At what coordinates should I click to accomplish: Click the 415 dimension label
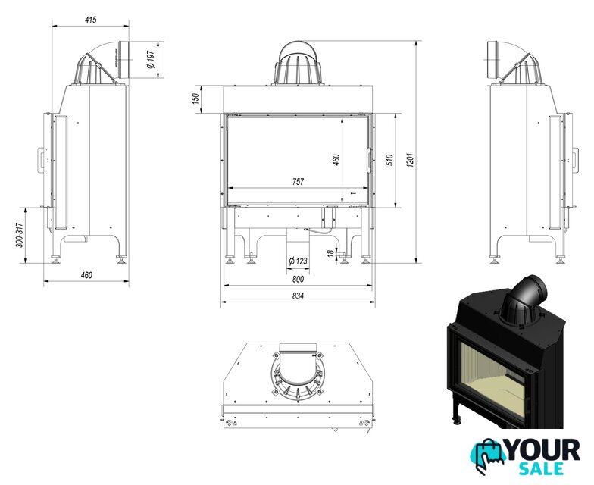tap(91, 20)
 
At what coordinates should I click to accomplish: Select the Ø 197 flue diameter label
tap(150, 60)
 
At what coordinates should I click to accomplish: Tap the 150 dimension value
tap(195, 99)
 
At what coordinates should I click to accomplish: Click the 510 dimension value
tap(389, 160)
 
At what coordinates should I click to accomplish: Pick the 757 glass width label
tap(299, 182)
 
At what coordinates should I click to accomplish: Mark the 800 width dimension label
tap(299, 279)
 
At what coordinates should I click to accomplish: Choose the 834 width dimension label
tap(299, 296)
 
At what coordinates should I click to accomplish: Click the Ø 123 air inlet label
tap(298, 261)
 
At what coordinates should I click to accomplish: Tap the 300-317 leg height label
tap(20, 235)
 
